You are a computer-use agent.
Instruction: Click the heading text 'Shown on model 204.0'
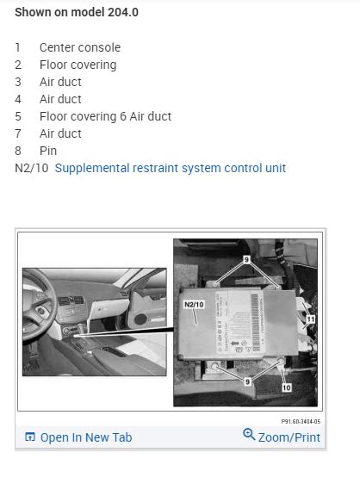(x=76, y=13)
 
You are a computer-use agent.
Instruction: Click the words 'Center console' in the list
(x=80, y=48)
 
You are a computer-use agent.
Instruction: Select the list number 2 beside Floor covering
(x=18, y=65)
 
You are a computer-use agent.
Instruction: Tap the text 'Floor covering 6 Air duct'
(x=106, y=116)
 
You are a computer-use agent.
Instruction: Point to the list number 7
(x=18, y=133)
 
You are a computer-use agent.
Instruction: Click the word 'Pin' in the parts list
(x=48, y=151)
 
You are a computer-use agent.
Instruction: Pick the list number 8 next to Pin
(x=18, y=151)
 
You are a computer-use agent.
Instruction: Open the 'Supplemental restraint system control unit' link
(x=171, y=168)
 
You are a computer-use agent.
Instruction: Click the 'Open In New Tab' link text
(x=86, y=437)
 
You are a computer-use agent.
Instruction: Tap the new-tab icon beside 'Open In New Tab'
(x=30, y=437)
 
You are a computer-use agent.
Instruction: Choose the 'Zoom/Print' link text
(x=289, y=437)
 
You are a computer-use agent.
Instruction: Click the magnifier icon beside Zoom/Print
(x=250, y=436)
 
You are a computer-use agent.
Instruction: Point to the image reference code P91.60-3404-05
(x=301, y=422)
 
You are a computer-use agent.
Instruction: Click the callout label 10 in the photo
(x=286, y=387)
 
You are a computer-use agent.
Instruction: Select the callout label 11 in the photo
(x=311, y=319)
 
